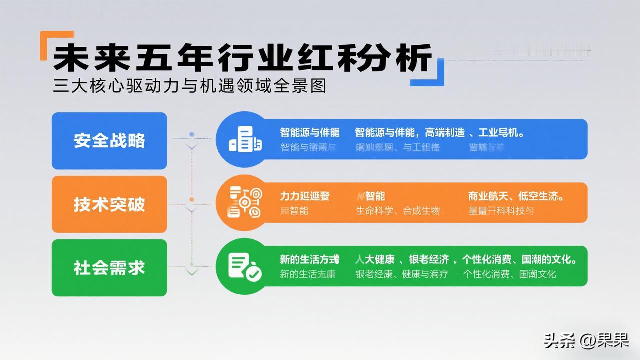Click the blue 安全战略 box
[x=109, y=141]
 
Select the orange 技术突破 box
[x=109, y=204]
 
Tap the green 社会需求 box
[x=109, y=268]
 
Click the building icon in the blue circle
[x=245, y=139]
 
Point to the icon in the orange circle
[x=245, y=202]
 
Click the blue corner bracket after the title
[x=431, y=73]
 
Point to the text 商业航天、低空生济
[x=516, y=196]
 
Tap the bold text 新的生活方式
[x=309, y=260]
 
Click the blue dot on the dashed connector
[x=192, y=135]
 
